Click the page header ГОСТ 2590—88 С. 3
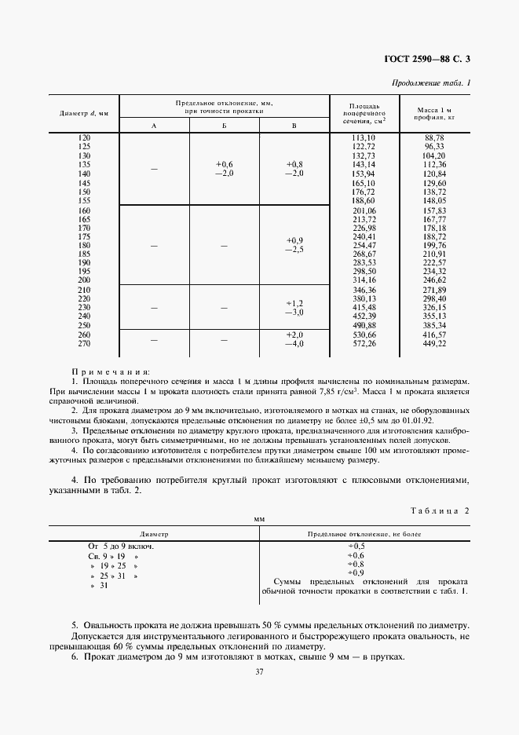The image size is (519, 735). click(x=433, y=59)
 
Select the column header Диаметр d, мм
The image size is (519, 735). click(x=84, y=114)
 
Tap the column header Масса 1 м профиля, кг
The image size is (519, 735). click(x=434, y=113)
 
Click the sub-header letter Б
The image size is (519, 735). click(x=224, y=126)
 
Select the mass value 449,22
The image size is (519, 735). click(x=434, y=342)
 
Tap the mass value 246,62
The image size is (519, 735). click(x=434, y=280)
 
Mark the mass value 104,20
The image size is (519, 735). click(x=434, y=155)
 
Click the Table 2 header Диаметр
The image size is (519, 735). click(x=153, y=533)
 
